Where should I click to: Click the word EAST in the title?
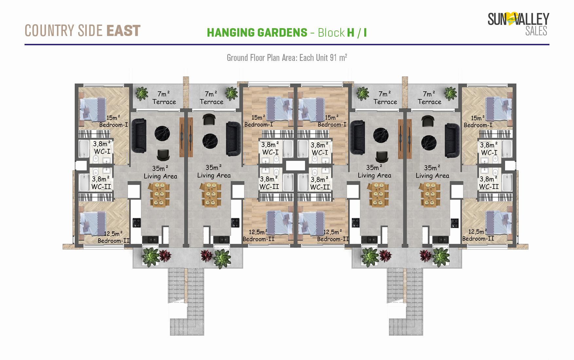coord(123,31)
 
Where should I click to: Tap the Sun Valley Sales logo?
coord(518,24)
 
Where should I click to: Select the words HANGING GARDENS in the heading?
coord(257,33)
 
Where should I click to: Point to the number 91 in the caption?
coord(333,58)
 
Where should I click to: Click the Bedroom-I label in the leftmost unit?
coord(113,125)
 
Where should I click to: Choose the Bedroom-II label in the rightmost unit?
coord(478,239)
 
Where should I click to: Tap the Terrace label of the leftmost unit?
coord(164,102)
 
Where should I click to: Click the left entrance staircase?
coord(186,301)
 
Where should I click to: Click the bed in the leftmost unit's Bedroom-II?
coord(93,224)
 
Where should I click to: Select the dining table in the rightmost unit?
coord(428,195)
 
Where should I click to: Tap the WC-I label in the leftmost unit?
coord(102,152)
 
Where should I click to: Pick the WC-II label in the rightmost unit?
coord(489,187)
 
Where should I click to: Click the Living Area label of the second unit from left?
coord(214,175)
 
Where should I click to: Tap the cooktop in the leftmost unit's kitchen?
coord(136,223)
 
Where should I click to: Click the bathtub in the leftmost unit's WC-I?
coord(84,149)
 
